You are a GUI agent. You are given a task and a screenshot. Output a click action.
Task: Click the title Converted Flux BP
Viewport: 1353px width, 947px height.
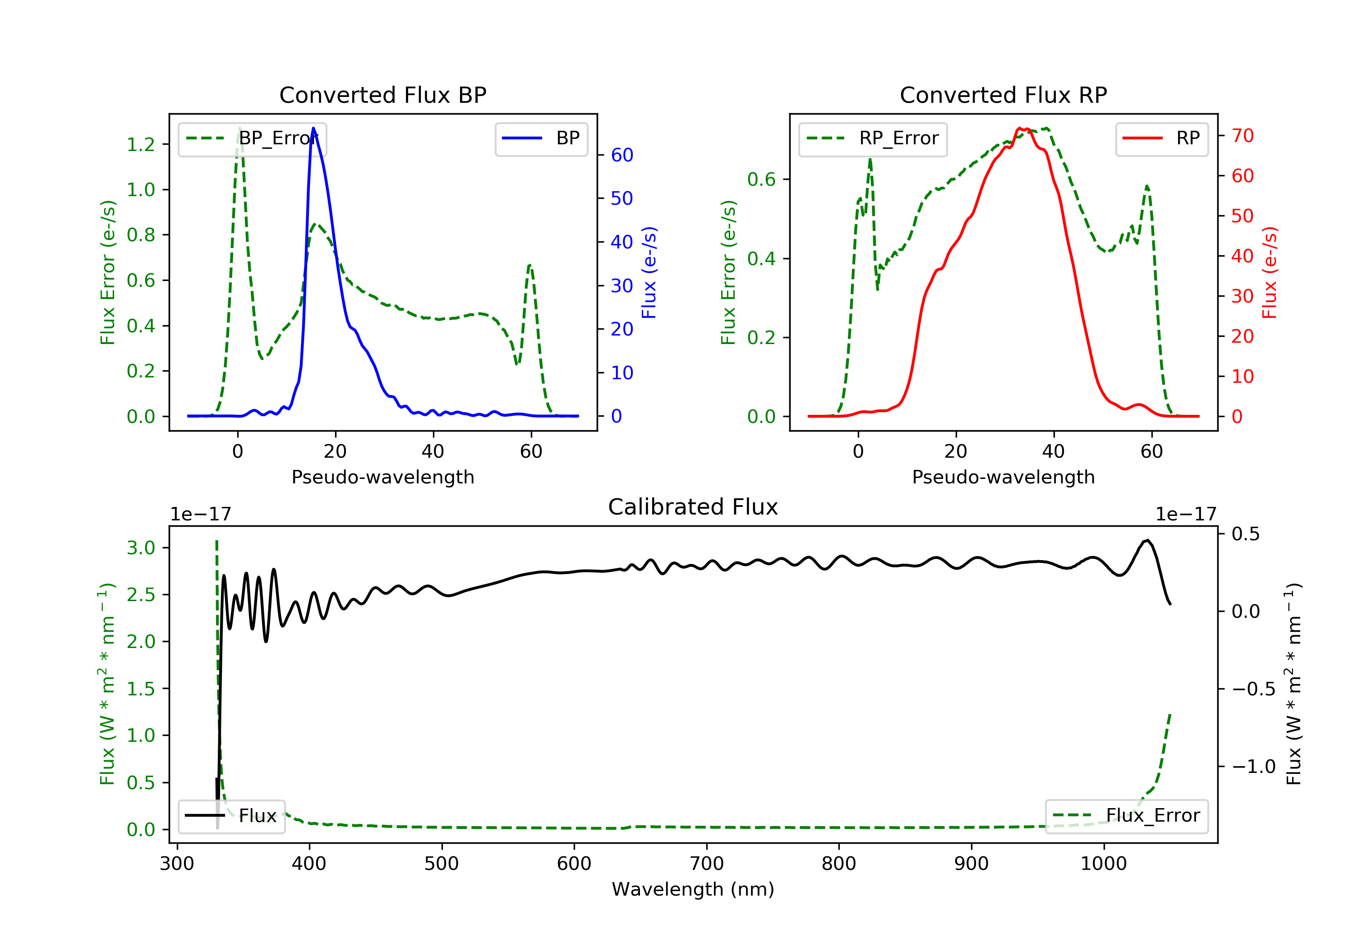pyautogui.click(x=382, y=95)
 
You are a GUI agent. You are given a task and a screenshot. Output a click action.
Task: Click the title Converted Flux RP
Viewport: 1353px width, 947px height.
pyautogui.click(x=1003, y=95)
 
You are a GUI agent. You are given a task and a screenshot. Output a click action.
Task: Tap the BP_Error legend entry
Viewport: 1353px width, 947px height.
pyautogui.click(x=252, y=138)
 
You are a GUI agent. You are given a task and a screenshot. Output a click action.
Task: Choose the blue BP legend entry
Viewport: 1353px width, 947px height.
pyautogui.click(x=541, y=138)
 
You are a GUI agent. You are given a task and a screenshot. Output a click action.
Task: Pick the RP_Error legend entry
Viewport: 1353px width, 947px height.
pyautogui.click(x=872, y=138)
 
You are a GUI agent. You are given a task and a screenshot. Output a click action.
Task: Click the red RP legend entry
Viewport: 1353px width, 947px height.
pyautogui.click(x=1161, y=138)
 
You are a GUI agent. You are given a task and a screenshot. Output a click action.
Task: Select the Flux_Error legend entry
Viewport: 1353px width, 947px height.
pyautogui.click(x=1126, y=816)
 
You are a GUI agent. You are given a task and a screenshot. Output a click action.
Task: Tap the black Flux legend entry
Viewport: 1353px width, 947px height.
pyautogui.click(x=232, y=816)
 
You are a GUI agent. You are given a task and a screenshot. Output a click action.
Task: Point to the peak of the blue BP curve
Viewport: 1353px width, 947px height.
pyautogui.click(x=313, y=128)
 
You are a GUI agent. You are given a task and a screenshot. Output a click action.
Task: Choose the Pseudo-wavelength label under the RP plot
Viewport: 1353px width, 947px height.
pyautogui.click(x=1003, y=477)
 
